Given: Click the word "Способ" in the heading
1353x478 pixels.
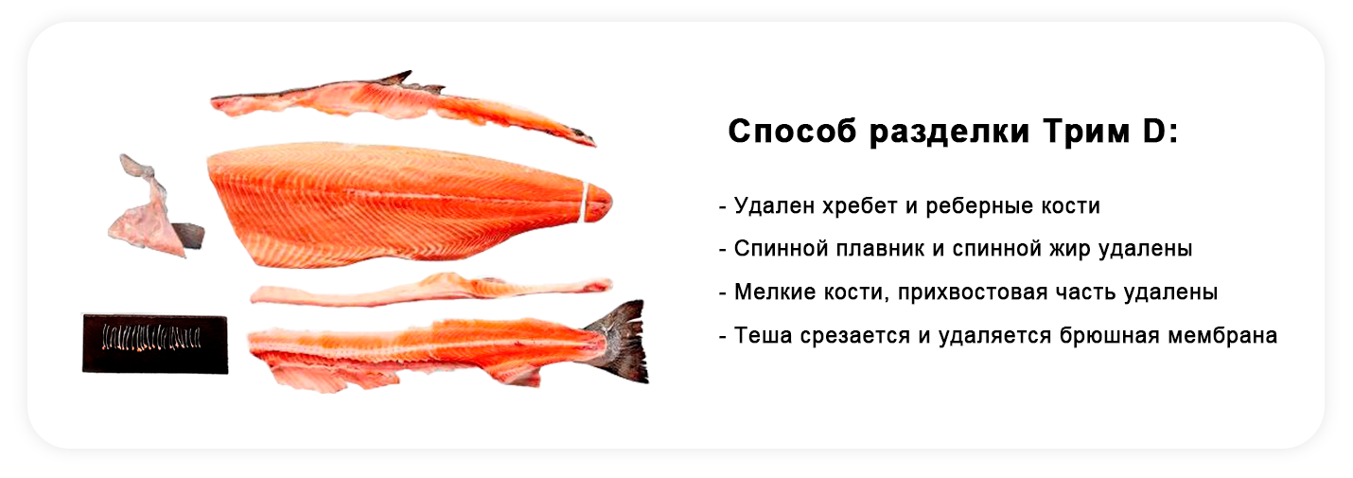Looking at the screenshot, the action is (792, 132).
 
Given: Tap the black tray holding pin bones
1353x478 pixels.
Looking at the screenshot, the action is (155, 344).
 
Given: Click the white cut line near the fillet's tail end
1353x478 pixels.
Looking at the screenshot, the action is (585, 203).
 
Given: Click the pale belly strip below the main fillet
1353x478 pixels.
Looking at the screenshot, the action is (430, 290).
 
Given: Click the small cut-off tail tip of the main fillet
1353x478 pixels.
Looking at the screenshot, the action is (600, 203).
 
